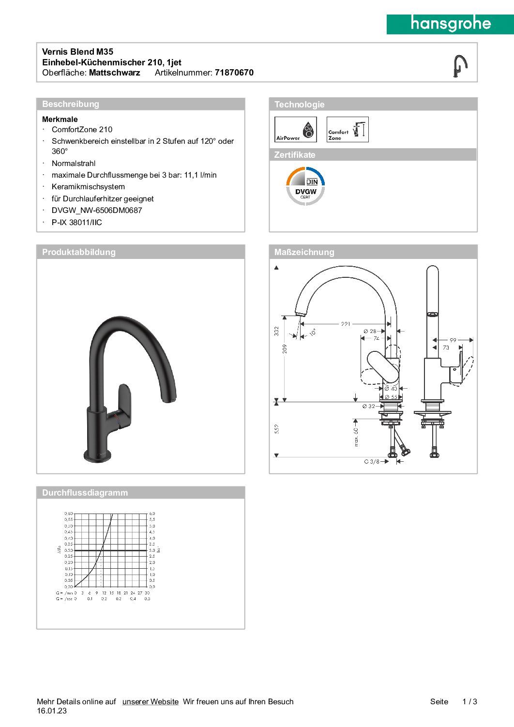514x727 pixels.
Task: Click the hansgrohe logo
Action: [450, 24]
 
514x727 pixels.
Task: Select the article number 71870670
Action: [234, 73]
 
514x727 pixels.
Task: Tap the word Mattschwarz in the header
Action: [114, 73]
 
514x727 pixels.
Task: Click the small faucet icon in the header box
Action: [459, 65]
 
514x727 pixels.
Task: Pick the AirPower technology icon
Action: [295, 129]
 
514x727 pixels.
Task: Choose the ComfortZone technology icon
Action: [348, 129]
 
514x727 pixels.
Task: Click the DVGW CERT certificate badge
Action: [305, 186]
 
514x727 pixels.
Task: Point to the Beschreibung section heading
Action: [71, 104]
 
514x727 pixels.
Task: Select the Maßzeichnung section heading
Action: [304, 252]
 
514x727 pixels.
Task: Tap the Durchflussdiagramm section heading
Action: [85, 493]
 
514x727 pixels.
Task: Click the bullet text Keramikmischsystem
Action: [88, 187]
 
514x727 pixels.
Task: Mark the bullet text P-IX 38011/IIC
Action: [77, 223]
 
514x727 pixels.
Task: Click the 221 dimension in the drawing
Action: [346, 323]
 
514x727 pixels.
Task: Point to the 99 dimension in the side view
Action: [453, 340]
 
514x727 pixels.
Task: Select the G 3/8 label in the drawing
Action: [372, 462]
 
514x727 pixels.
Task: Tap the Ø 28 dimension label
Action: [370, 332]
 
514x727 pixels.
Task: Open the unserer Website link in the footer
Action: [150, 701]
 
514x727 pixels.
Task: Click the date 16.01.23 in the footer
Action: [52, 711]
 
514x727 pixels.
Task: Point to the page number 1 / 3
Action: [469, 701]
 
